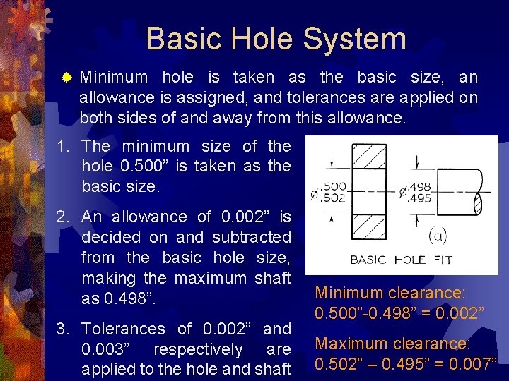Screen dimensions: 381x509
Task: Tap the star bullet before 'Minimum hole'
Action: (x=66, y=77)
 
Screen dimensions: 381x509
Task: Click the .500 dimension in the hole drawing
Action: (x=333, y=186)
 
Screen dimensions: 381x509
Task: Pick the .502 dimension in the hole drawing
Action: (x=333, y=198)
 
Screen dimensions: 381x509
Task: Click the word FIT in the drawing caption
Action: (x=442, y=259)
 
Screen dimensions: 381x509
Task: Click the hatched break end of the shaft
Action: (x=477, y=202)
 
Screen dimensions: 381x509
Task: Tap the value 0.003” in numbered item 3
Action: (x=106, y=349)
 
